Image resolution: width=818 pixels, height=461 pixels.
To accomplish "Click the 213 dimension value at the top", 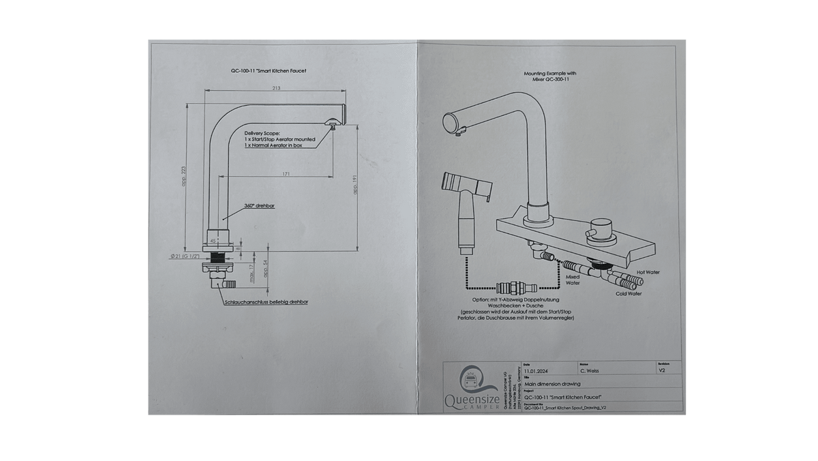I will pyautogui.click(x=277, y=88).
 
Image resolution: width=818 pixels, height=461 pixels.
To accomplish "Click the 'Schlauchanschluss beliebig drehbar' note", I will pyautogui.click(x=264, y=300).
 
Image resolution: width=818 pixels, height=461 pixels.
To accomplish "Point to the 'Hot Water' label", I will pyautogui.click(x=648, y=271).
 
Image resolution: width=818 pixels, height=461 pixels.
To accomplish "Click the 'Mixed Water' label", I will pyautogui.click(x=573, y=280).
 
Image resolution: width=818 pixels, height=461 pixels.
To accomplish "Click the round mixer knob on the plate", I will pyautogui.click(x=601, y=226).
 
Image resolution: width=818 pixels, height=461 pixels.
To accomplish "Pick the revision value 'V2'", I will pyautogui.click(x=661, y=372).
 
